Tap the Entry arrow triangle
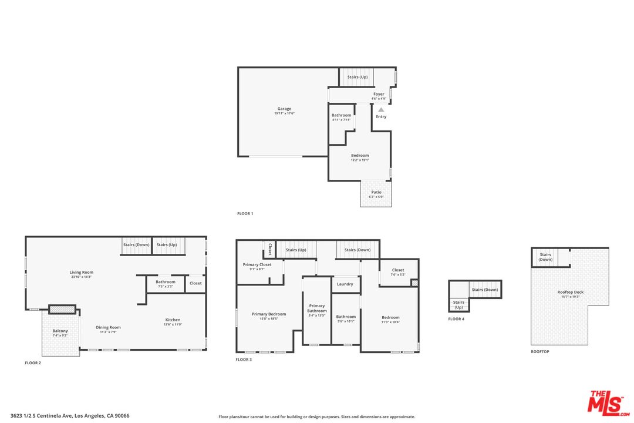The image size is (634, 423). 381,109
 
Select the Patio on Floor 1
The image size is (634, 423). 376,194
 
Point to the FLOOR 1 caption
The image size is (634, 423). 245,214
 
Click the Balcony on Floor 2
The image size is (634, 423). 60,333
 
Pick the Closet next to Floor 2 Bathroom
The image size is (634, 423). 195,283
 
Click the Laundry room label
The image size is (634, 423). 345,284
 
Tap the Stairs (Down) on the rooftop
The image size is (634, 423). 545,257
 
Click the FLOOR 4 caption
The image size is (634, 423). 456,319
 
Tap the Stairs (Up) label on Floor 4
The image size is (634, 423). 458,304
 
